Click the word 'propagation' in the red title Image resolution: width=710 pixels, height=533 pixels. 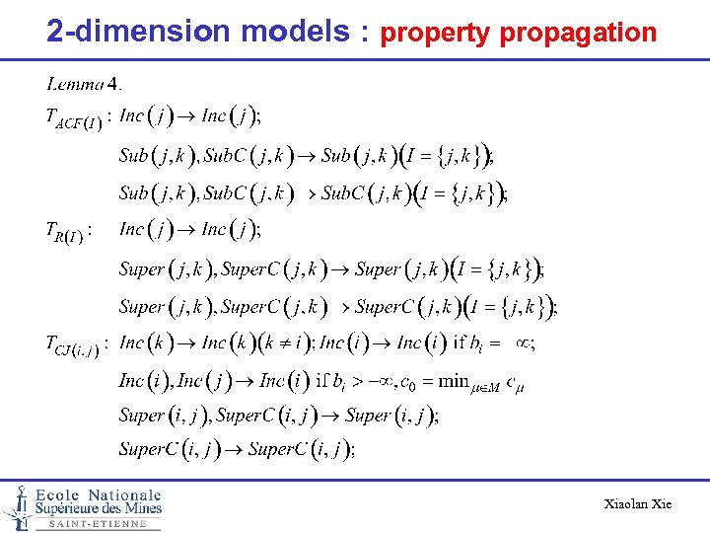(x=578, y=33)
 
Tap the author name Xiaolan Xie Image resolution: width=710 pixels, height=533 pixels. (x=637, y=504)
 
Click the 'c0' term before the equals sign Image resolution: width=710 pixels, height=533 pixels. (x=405, y=383)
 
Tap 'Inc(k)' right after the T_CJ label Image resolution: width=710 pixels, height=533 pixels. (x=145, y=343)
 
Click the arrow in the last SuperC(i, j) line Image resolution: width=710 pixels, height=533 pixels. (x=237, y=450)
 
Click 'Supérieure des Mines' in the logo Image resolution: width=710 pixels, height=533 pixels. (x=99, y=509)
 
